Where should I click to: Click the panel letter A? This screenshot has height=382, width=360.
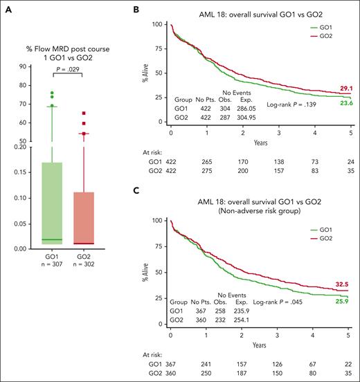(x=6, y=6)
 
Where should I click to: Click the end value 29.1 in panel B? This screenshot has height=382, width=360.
(x=345, y=90)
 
